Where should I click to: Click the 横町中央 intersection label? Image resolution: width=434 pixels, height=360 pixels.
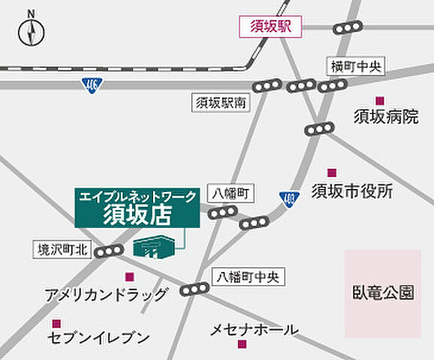[355, 67]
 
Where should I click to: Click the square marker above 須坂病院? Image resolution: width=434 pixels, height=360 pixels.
[380, 100]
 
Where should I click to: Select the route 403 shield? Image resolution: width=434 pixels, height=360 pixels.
[289, 198]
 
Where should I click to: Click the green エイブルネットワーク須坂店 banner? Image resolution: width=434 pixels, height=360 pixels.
[137, 208]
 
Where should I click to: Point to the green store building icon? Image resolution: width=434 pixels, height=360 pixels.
[158, 246]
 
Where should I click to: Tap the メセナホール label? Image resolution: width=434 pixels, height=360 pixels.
[255, 329]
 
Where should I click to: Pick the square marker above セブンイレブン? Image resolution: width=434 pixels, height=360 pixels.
[56, 323]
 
